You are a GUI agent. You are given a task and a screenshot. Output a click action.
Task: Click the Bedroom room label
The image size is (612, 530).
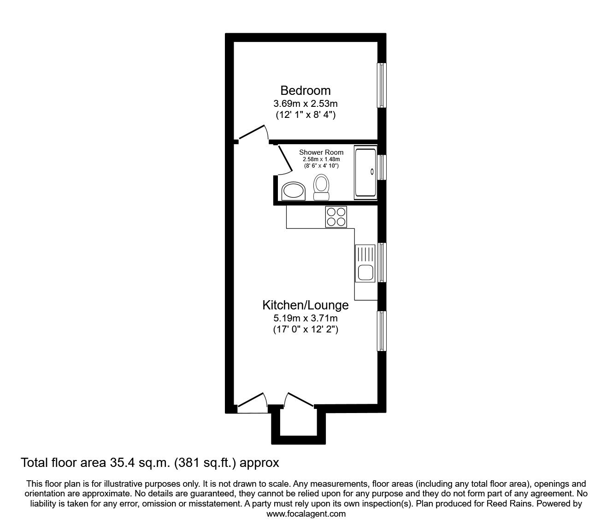(x=305, y=91)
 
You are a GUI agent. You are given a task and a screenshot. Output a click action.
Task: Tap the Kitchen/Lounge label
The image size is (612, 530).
(x=305, y=305)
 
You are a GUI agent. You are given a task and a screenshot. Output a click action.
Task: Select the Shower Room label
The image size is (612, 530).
(x=321, y=152)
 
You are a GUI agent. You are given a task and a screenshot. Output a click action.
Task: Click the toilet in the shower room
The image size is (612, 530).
(x=321, y=187)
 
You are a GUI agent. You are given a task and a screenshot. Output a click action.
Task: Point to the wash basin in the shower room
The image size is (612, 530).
(x=294, y=191)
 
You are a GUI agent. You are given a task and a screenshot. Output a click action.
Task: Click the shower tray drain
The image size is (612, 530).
(x=372, y=172)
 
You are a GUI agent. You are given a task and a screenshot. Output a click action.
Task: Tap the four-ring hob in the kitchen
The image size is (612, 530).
(x=336, y=217)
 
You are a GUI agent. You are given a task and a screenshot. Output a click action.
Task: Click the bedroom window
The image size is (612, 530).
(x=382, y=85)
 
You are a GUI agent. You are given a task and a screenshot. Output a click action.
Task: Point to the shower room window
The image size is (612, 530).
(x=382, y=168)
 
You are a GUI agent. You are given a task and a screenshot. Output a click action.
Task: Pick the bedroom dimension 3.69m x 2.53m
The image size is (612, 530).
(x=305, y=104)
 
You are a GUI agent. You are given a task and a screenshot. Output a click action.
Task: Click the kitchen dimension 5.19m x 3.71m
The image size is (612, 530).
(x=305, y=318)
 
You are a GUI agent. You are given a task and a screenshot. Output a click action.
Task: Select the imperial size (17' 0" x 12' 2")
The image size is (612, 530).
(x=306, y=329)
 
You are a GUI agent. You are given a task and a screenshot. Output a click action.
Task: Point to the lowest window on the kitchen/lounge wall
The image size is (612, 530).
(x=382, y=331)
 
